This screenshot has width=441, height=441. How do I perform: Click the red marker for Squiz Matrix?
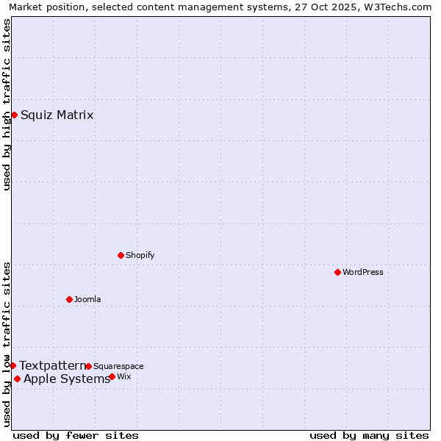tap(14, 115)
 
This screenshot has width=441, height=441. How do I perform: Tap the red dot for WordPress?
tap(337, 272)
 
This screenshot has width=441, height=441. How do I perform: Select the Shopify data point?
tap(121, 255)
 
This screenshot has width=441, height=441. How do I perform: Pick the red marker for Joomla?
tap(69, 299)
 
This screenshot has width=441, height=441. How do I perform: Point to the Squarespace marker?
tap(88, 366)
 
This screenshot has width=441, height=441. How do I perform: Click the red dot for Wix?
tap(112, 376)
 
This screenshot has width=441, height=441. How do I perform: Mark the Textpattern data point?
tap(12, 365)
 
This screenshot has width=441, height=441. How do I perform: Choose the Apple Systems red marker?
tap(17, 379)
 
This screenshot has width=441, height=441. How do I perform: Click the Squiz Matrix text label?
tap(57, 115)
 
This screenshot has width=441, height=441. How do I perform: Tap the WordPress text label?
tap(363, 272)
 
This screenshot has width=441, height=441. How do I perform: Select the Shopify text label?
tap(140, 255)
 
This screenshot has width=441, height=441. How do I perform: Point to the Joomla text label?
tap(87, 299)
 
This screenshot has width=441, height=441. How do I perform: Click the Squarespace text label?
tap(118, 366)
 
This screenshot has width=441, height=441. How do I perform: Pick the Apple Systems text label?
tap(67, 379)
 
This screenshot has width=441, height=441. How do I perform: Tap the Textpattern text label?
tap(52, 365)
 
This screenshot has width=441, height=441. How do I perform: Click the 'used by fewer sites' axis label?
tap(76, 435)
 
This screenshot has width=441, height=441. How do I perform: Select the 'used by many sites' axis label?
tap(369, 435)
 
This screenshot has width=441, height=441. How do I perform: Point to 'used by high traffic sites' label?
tap(7, 104)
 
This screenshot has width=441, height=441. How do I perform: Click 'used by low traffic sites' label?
tap(7, 344)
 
